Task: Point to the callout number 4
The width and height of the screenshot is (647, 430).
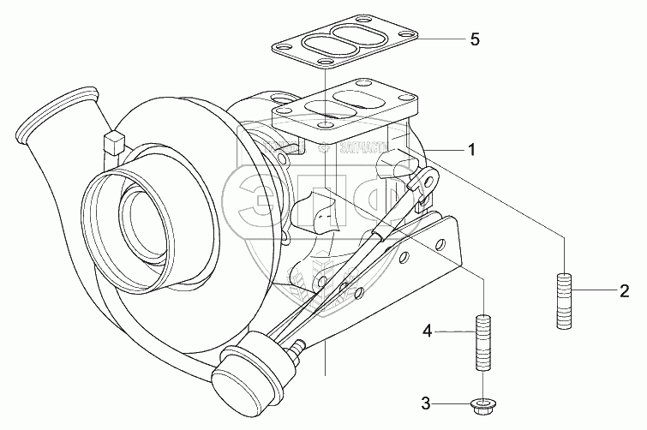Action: [426, 330]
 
